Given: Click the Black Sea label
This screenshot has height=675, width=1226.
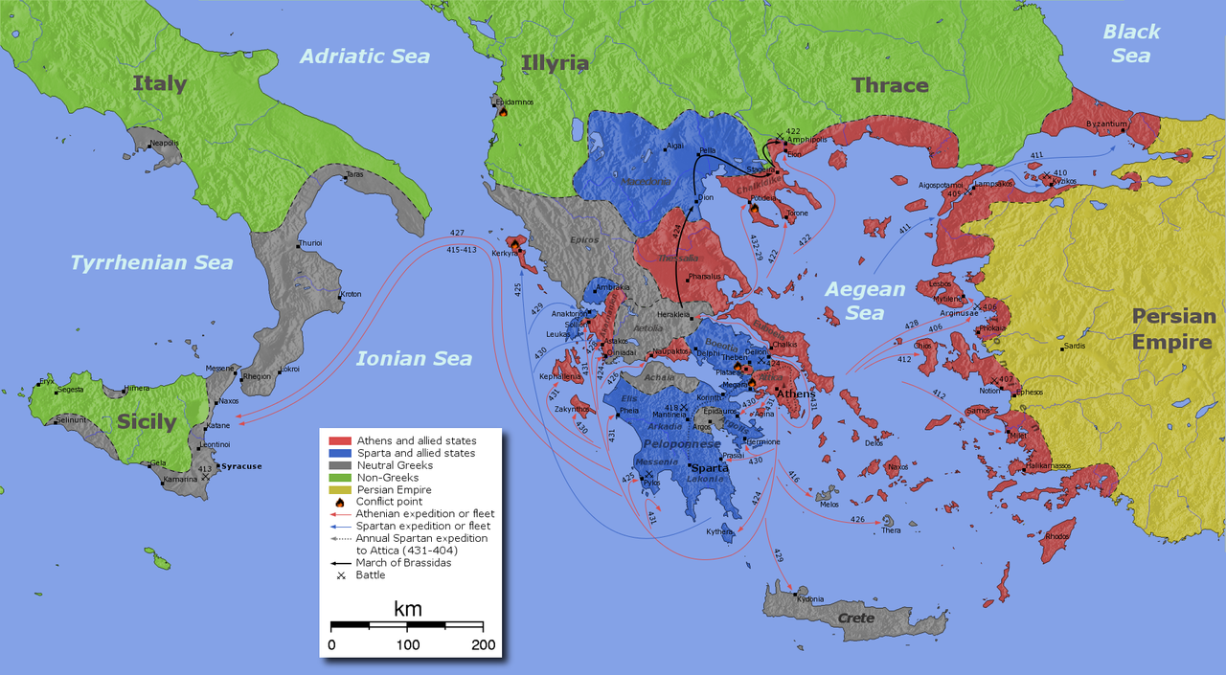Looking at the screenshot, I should [x=1131, y=44].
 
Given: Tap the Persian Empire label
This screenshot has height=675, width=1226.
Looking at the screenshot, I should [x=1173, y=329].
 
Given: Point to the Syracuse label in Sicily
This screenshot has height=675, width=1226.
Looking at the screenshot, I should [x=240, y=466].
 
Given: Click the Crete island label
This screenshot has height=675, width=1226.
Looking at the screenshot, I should [x=856, y=618].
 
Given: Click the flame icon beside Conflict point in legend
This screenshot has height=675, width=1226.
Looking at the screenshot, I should [x=337, y=502].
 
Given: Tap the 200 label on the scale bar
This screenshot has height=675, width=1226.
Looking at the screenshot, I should [x=483, y=645].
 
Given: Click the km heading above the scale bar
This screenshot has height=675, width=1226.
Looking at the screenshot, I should [x=407, y=609].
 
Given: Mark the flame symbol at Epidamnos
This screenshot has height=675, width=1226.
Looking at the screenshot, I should [x=502, y=111].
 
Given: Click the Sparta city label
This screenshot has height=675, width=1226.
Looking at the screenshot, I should [x=710, y=468].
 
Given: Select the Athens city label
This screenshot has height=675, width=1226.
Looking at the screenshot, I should [x=794, y=394].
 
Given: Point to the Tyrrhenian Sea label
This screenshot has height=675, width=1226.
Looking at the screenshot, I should [x=151, y=262].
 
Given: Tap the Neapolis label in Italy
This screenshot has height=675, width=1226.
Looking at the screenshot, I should [x=164, y=143].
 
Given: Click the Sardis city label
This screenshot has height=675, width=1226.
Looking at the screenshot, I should [x=1074, y=346].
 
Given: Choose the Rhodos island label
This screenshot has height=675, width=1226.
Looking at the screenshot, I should [x=1057, y=535].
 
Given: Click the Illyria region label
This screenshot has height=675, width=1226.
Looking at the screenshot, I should [x=556, y=63].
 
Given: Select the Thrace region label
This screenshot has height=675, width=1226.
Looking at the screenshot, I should [x=890, y=85].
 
